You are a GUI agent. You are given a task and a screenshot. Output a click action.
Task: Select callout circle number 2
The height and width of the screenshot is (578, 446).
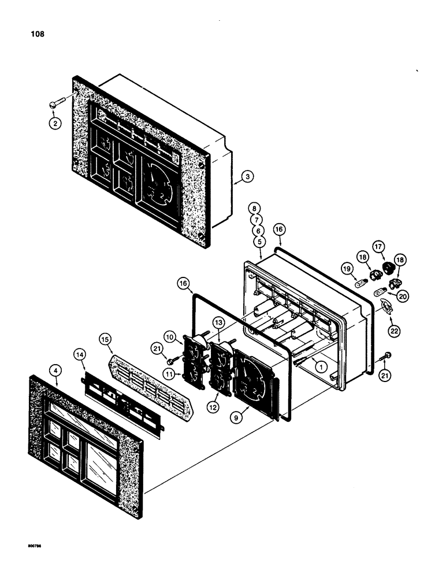coord(54,123)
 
